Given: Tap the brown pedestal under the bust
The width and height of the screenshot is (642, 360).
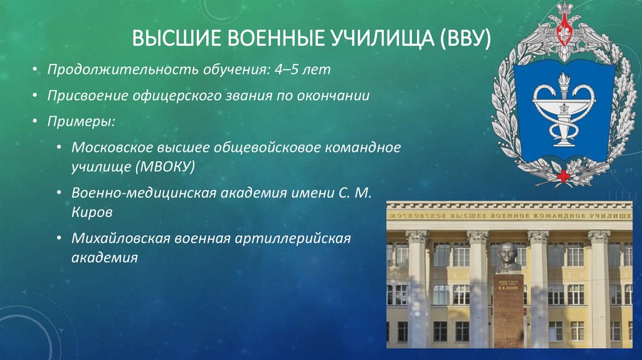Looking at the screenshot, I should pyautogui.click(x=508, y=314).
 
